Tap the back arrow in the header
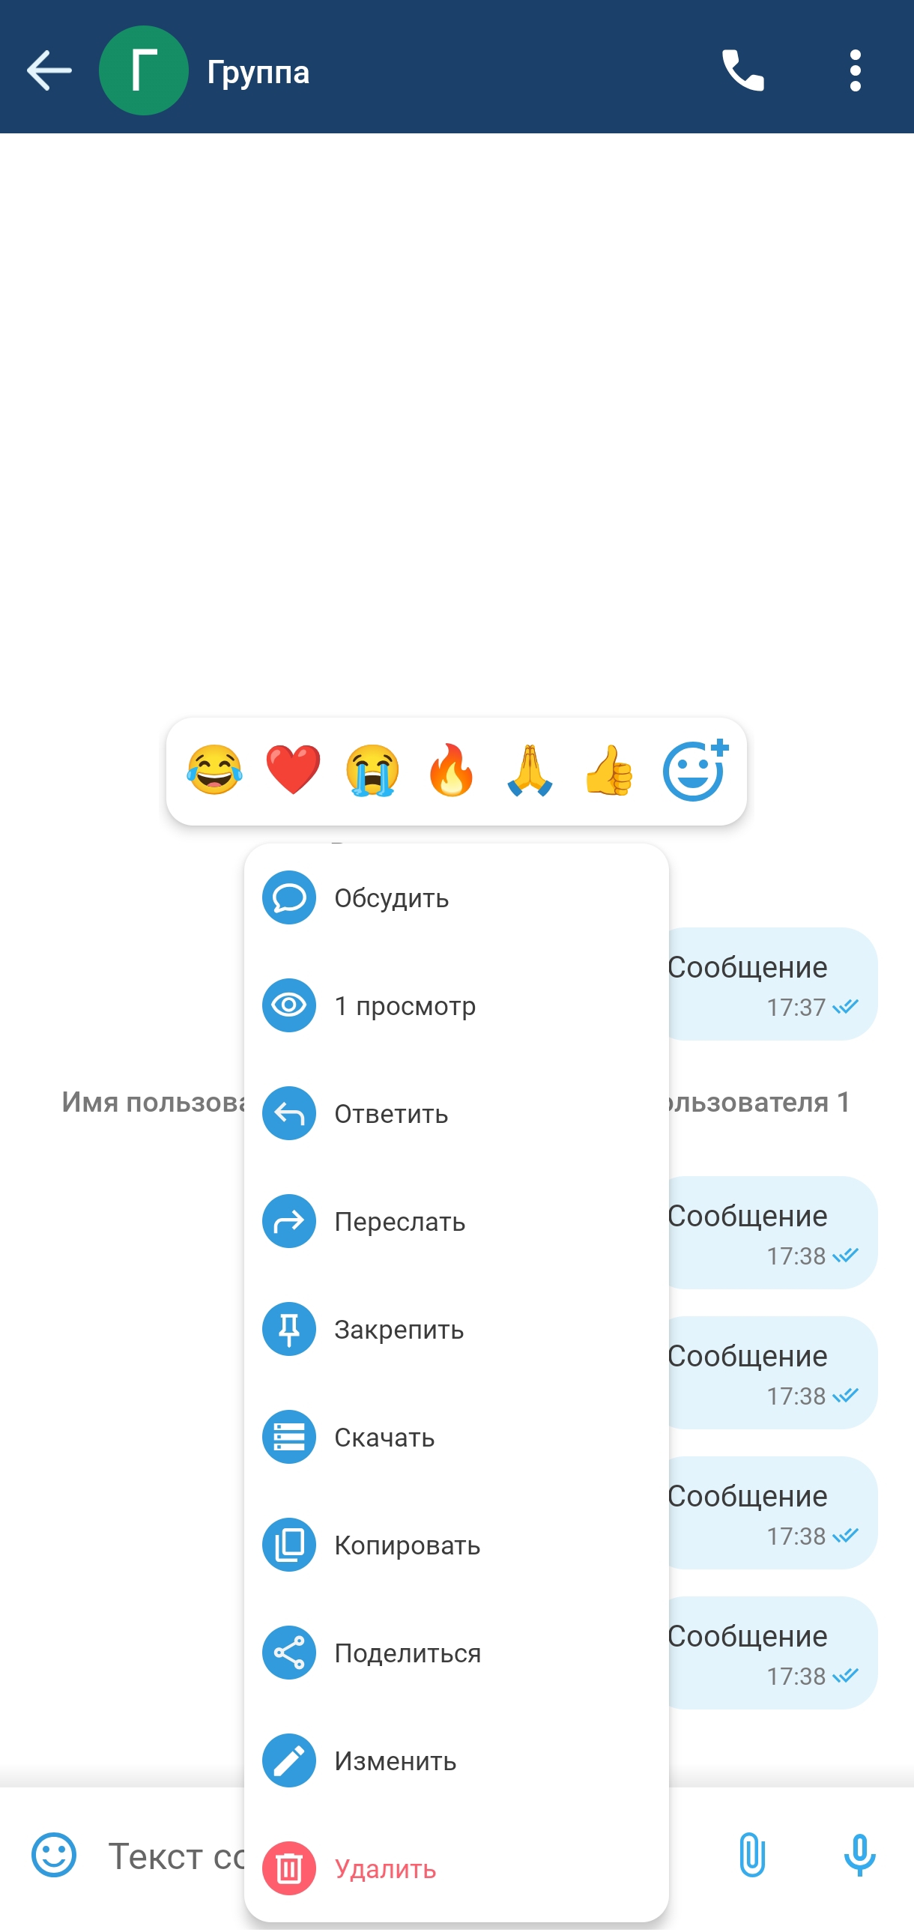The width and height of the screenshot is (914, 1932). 49,70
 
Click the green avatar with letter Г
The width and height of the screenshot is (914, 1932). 143,70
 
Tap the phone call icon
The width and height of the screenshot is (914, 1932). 742,70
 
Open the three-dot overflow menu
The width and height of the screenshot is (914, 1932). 856,70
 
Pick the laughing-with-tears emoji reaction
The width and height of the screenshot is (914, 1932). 214,771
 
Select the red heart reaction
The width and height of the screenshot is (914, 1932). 293,771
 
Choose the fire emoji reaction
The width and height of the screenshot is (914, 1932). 451,771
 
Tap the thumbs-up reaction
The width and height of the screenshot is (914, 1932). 610,771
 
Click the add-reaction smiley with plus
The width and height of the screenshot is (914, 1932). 695,771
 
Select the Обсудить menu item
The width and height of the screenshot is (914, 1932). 455,897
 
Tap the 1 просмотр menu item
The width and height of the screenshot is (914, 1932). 455,1006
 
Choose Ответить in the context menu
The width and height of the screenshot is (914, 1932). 455,1114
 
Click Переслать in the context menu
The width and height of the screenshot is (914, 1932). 455,1222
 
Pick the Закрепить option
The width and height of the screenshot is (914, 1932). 455,1330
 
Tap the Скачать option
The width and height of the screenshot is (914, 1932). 455,1438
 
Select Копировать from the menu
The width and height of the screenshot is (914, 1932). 455,1545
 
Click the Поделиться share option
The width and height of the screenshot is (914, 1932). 455,1654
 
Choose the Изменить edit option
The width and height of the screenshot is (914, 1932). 455,1761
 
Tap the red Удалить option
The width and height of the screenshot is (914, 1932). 455,1869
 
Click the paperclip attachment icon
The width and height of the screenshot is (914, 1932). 751,1856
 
